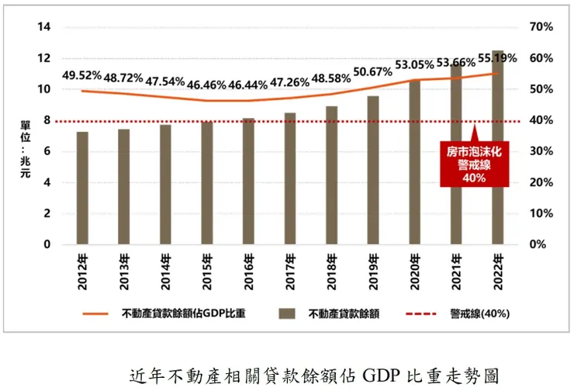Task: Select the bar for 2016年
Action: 247,182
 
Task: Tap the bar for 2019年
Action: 372,171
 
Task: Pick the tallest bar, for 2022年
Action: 497,147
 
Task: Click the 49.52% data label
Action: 82,75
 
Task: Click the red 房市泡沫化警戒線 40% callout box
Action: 475,164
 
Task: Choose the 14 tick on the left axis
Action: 44,27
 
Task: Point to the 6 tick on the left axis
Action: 47,151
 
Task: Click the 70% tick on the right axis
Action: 541,27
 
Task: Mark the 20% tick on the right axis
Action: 541,182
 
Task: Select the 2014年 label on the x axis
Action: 165,272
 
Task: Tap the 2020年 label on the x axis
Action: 414,272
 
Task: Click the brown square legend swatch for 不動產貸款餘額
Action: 289,314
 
